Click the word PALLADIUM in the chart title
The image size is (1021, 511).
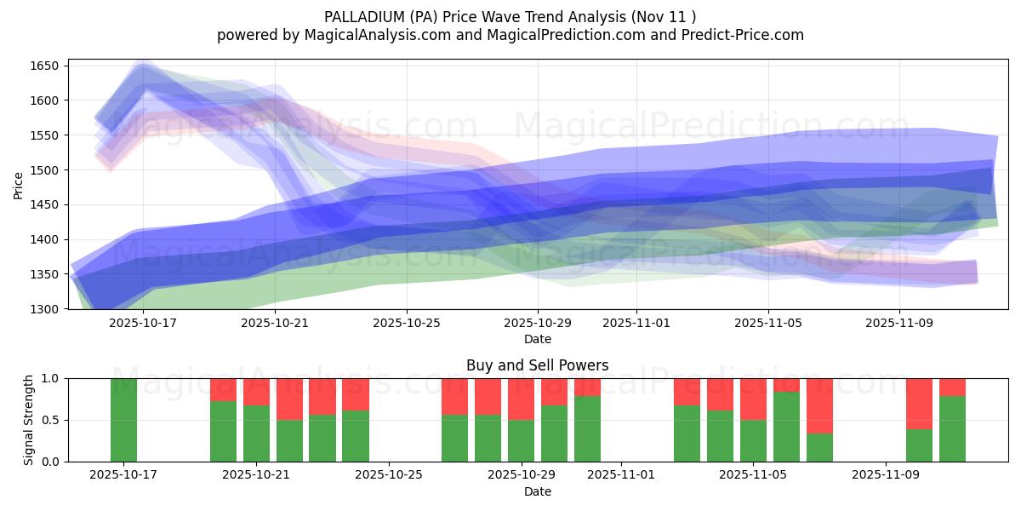click(362, 17)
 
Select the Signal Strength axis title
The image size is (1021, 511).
click(29, 420)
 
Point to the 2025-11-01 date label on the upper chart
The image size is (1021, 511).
click(636, 323)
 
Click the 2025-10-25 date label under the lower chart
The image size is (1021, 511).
click(389, 475)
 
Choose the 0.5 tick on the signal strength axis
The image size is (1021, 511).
click(51, 420)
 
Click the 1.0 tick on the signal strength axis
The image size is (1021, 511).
click(51, 378)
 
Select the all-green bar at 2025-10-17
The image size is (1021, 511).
click(123, 420)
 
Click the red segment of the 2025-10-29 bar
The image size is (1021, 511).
click(521, 399)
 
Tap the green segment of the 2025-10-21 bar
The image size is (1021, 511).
click(256, 433)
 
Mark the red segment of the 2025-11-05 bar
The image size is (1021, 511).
click(753, 399)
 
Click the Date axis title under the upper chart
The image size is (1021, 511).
click(537, 339)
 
